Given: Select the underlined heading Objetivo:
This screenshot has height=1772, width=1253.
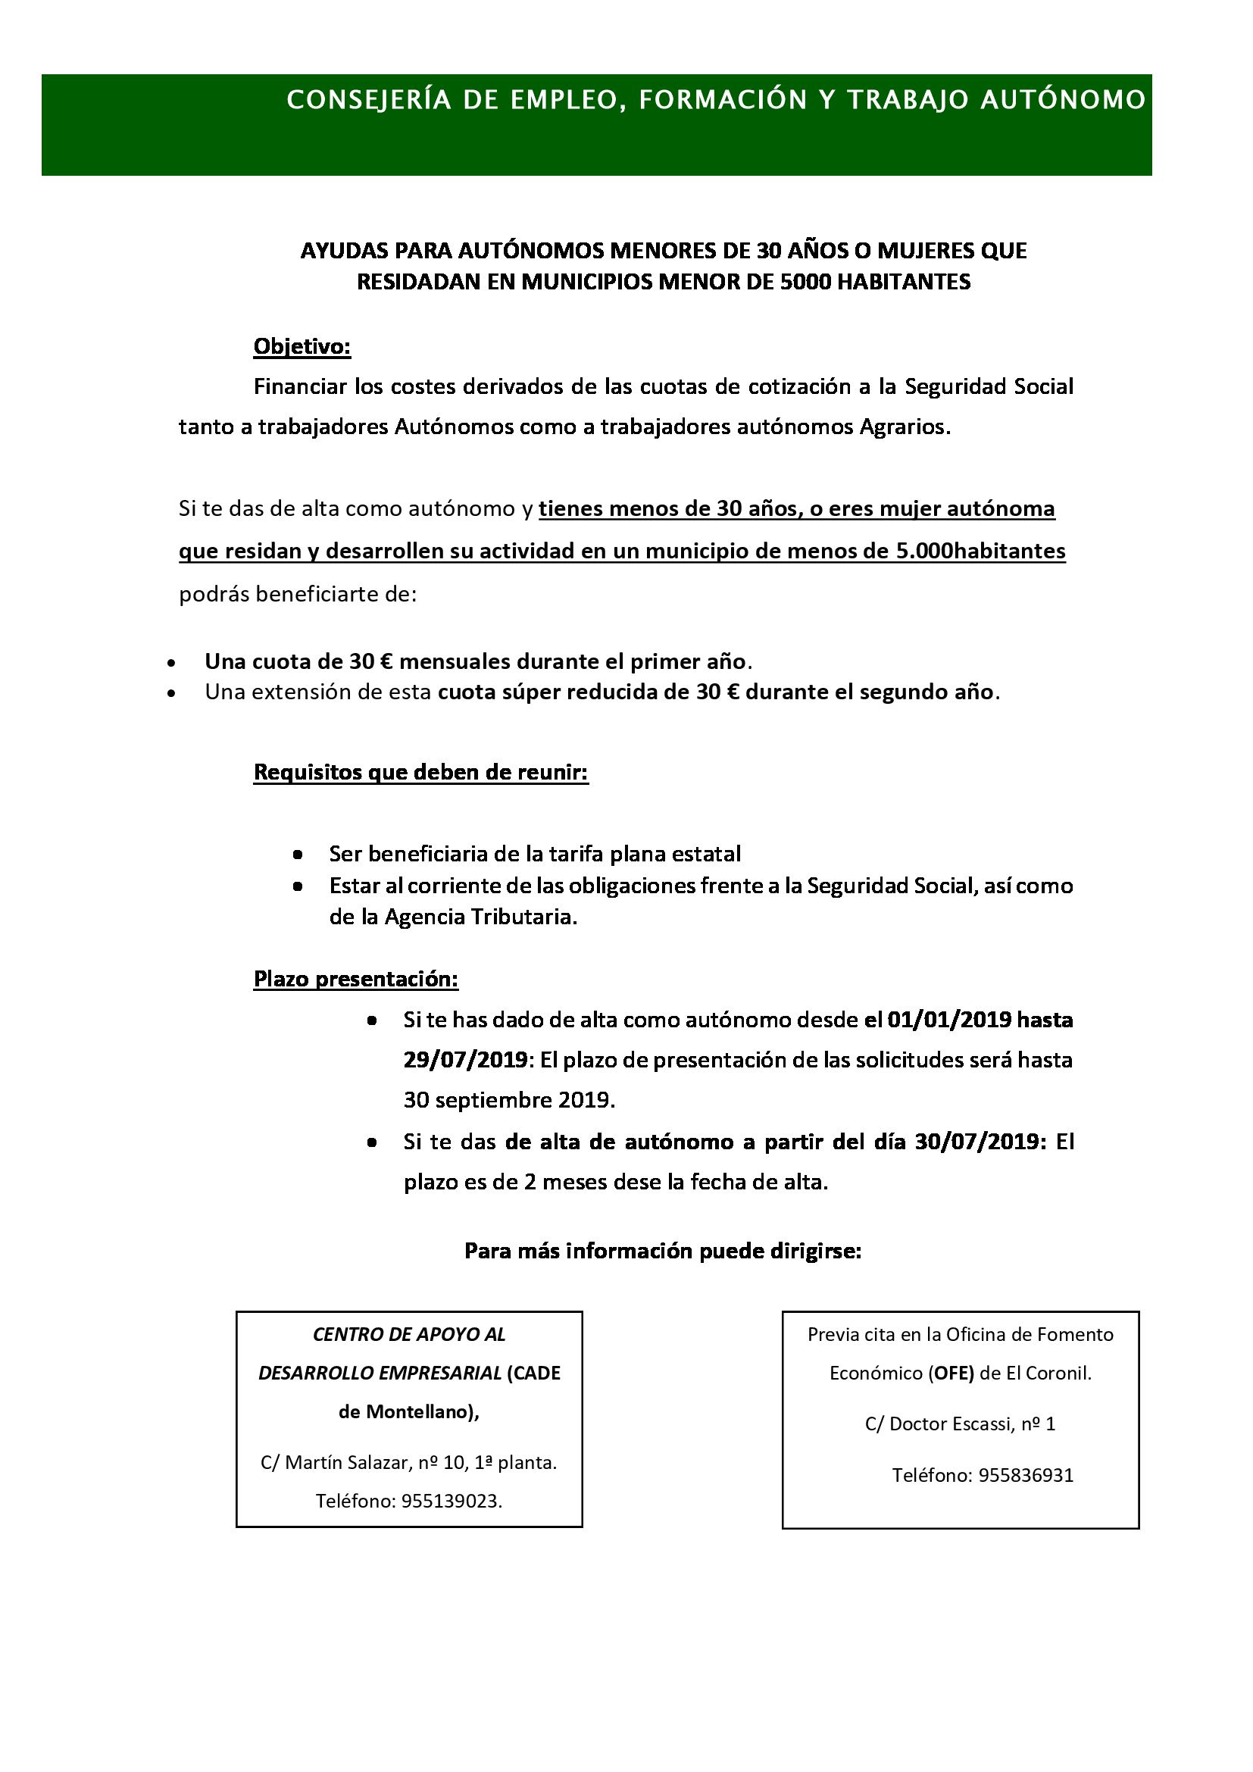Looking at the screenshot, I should pyautogui.click(x=302, y=347).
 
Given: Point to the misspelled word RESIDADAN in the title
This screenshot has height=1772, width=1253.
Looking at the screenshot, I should pyautogui.click(x=418, y=283).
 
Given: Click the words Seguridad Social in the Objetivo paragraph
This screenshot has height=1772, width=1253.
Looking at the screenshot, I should pyautogui.click(x=989, y=386).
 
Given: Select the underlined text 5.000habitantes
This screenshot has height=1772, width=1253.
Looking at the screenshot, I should pyautogui.click(x=980, y=551).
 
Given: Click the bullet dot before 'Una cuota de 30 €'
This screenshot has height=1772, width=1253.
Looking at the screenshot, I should pyautogui.click(x=171, y=663).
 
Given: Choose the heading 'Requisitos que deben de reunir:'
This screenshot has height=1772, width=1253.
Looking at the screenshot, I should pyautogui.click(x=421, y=773).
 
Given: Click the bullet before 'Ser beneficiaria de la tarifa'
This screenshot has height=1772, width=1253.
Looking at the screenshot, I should pyautogui.click(x=298, y=855).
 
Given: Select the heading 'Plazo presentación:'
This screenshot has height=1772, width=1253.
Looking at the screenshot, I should pyautogui.click(x=356, y=980).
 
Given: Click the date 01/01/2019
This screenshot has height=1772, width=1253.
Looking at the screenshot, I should pyautogui.click(x=949, y=1020).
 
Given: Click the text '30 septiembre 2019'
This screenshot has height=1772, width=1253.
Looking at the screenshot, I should pyautogui.click(x=508, y=1100).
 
